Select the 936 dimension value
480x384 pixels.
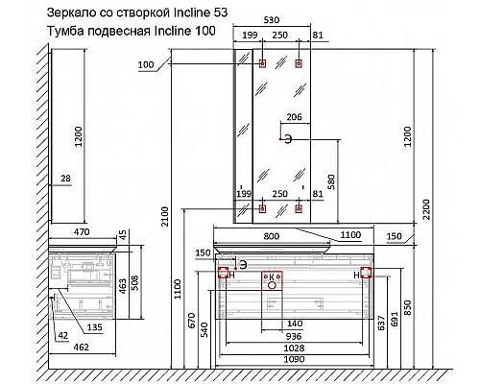pyautogui.click(x=292, y=337)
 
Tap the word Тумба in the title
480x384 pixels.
pyautogui.click(x=67, y=32)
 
